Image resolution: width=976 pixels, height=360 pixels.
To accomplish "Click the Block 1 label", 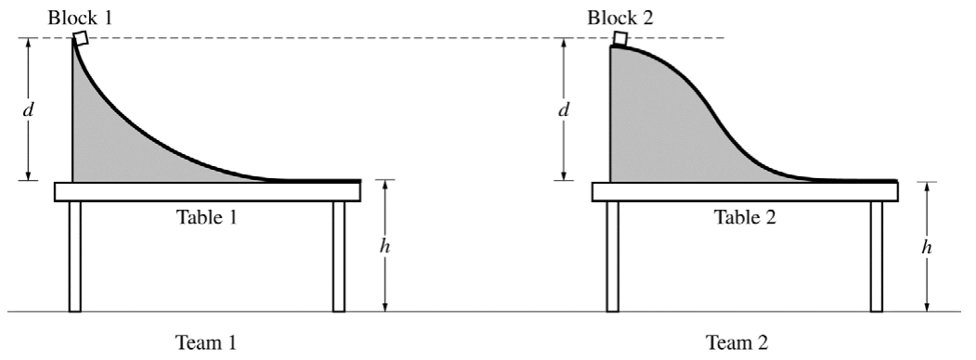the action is (x=81, y=17).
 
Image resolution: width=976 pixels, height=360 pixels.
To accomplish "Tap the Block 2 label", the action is (x=620, y=17).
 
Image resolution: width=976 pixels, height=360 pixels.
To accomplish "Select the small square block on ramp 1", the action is (x=80, y=38).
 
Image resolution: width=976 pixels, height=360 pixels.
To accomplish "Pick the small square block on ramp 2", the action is (x=620, y=39).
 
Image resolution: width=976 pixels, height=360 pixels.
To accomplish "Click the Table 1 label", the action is (x=207, y=217).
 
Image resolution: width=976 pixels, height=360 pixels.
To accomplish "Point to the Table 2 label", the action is (x=745, y=217).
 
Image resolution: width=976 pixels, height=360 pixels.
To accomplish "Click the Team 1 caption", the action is (x=206, y=342).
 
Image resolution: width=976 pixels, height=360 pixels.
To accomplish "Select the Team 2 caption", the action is (x=737, y=342).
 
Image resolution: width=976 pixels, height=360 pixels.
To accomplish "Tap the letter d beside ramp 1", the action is (x=27, y=109).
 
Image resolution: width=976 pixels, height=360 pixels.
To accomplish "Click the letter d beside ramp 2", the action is (x=563, y=109).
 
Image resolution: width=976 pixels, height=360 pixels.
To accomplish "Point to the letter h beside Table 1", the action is (x=385, y=246).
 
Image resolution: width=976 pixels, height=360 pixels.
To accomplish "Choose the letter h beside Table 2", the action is (x=927, y=247).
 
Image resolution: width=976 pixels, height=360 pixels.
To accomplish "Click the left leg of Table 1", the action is (x=75, y=256).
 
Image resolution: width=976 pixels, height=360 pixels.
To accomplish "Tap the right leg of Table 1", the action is (x=339, y=256).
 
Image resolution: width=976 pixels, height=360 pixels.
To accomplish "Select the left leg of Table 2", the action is (x=612, y=256).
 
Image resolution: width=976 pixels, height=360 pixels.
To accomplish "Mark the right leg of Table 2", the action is (x=877, y=256).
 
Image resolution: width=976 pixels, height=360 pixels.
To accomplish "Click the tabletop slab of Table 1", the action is (x=207, y=192).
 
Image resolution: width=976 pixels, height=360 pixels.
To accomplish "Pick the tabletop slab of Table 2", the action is (x=745, y=192).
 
